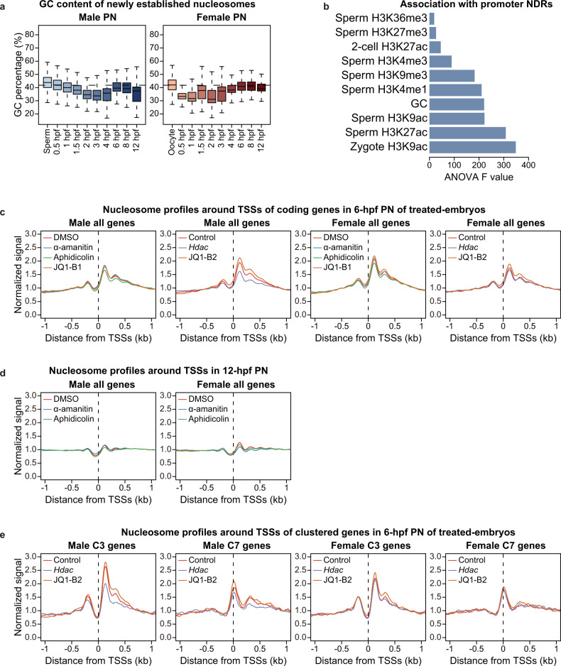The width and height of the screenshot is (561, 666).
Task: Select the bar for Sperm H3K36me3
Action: [x=432, y=19]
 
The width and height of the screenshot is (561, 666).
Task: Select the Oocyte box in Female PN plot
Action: [x=172, y=84]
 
